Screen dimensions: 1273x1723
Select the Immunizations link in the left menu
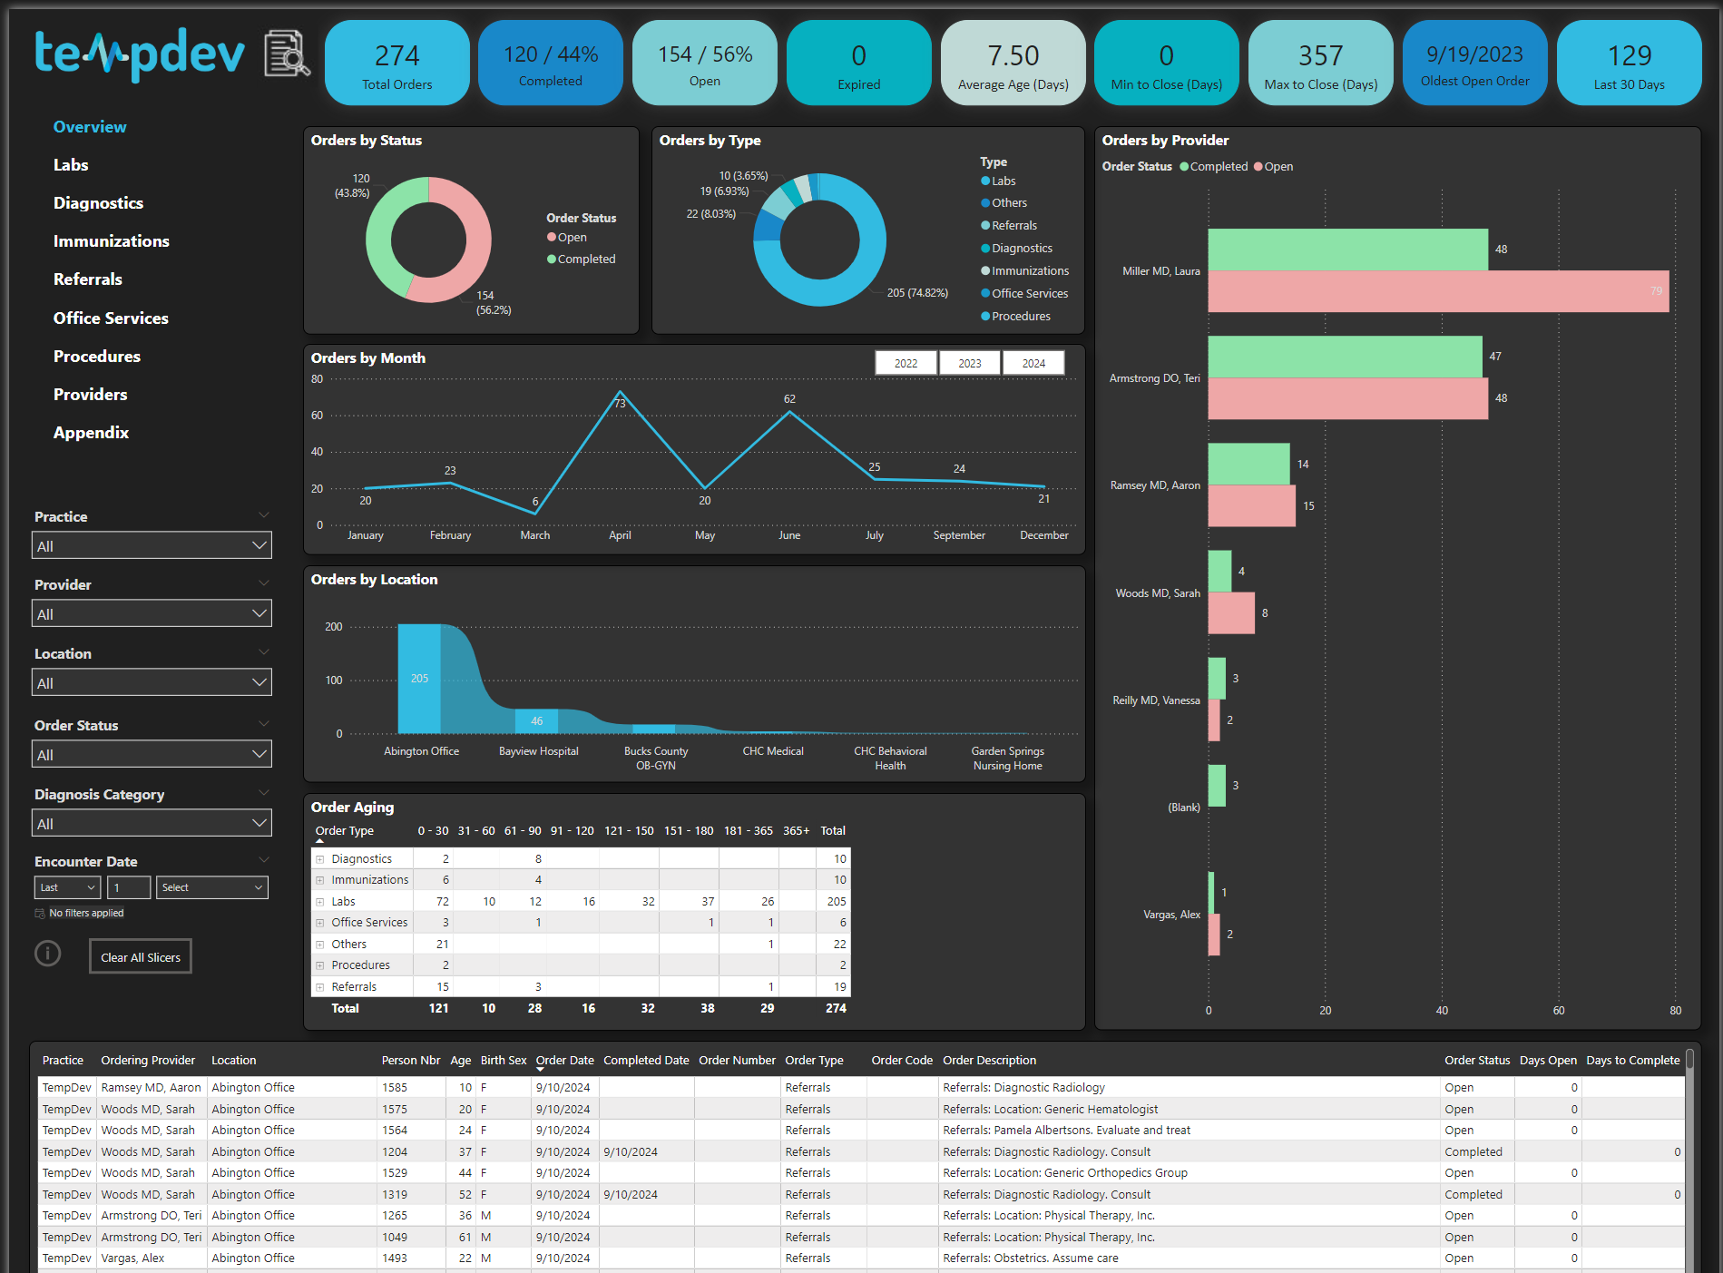click(111, 241)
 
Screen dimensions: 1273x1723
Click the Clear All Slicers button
click(141, 957)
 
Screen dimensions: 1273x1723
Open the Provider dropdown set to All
click(152, 614)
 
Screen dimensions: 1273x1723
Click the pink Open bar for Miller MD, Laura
click(1437, 291)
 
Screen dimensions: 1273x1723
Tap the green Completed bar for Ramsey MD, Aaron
click(1248, 464)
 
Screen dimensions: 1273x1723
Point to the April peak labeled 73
click(620, 392)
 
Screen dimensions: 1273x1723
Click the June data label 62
click(789, 399)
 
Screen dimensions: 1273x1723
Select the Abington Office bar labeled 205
click(419, 678)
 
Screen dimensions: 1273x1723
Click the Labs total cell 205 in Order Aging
click(836, 901)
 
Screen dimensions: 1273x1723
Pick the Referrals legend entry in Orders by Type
click(1013, 226)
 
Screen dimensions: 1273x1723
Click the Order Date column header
click(564, 1060)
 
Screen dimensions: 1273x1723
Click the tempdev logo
click(140, 54)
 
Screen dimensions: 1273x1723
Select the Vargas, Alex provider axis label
click(1170, 915)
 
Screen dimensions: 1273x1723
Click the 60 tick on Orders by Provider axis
click(1558, 1010)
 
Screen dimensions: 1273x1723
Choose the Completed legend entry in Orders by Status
click(585, 259)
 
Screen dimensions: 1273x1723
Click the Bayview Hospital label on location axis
click(538, 751)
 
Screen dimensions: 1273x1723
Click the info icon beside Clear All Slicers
click(48, 954)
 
